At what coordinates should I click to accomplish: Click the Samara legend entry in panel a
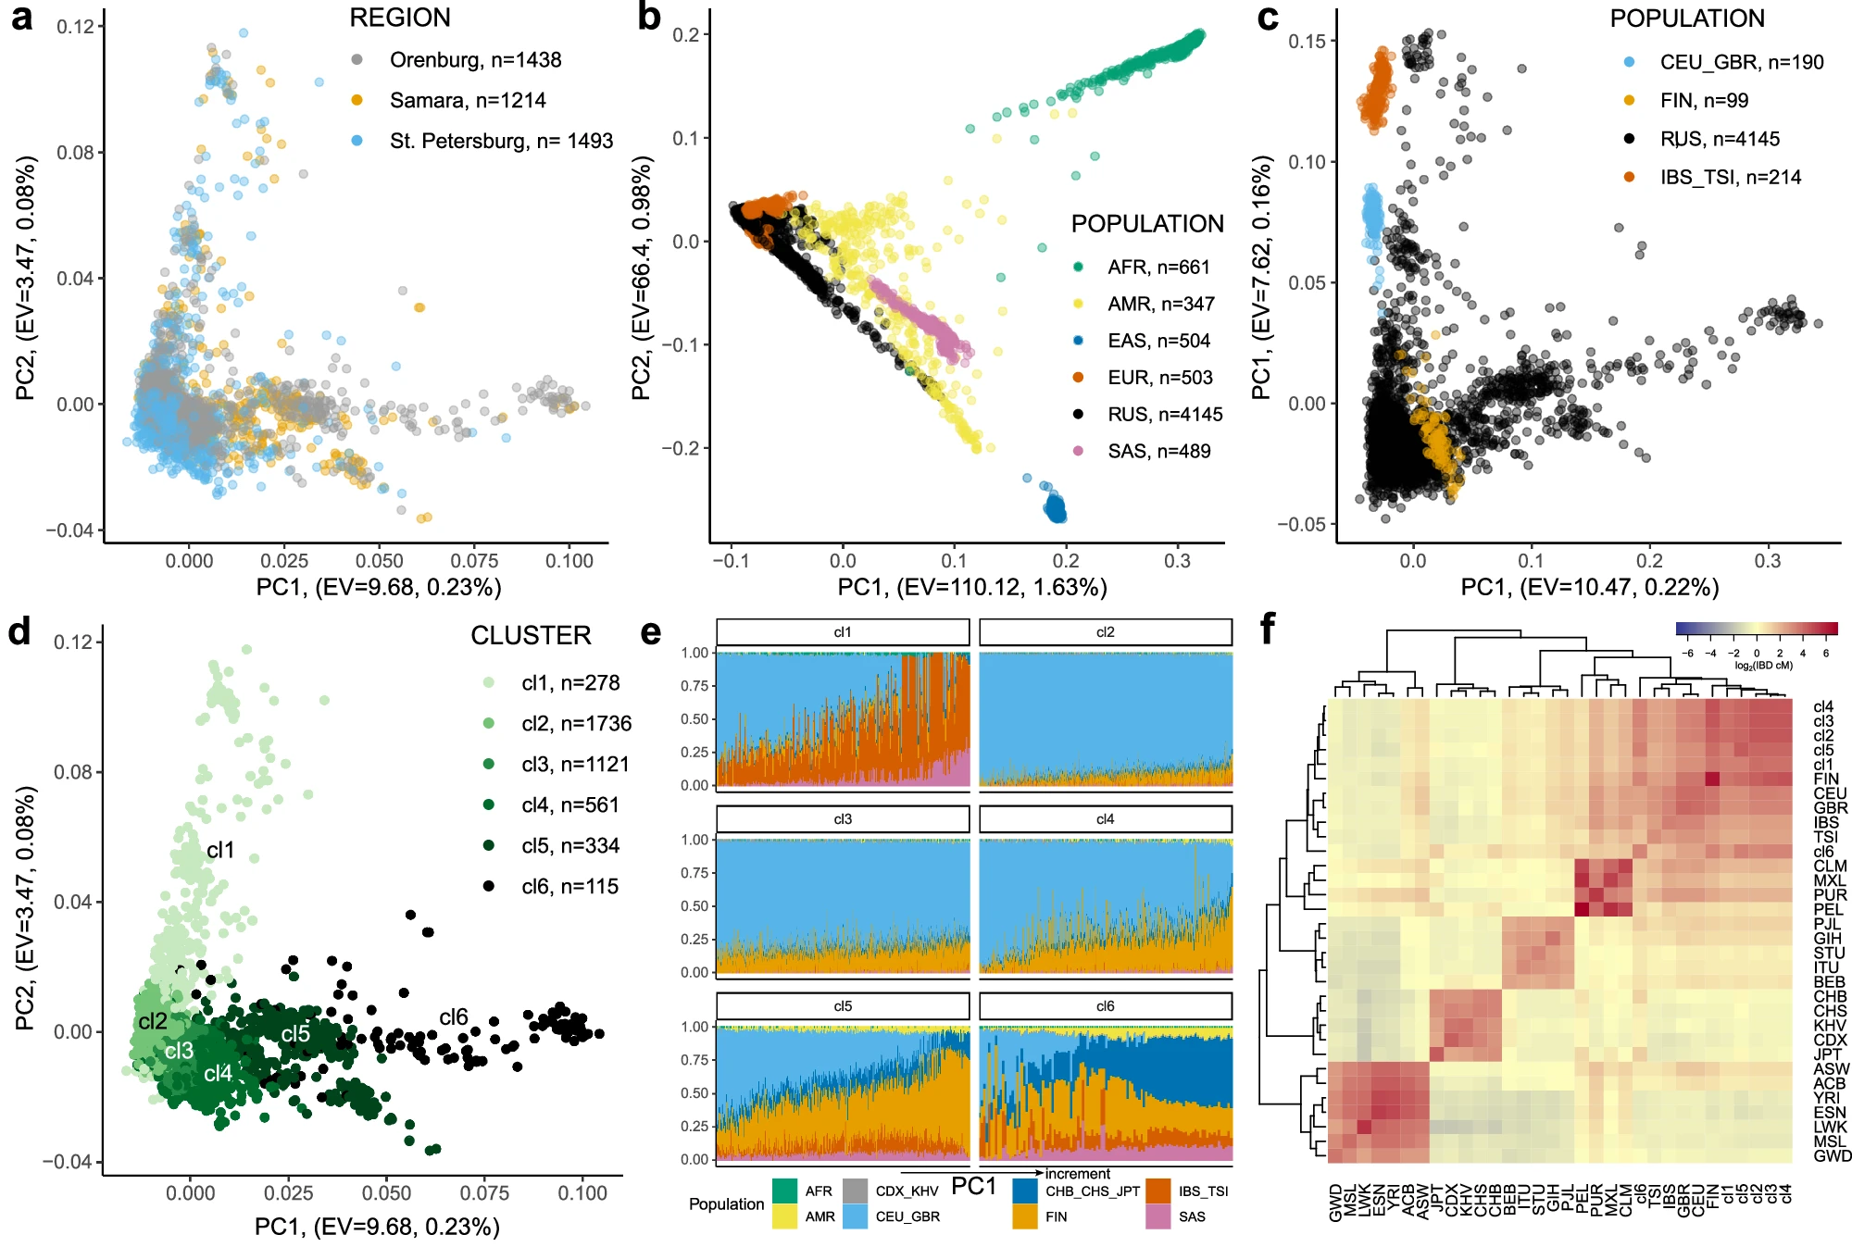pos(467,100)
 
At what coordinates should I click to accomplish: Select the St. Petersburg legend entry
pos(500,141)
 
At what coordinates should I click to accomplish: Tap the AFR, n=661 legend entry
pos(1157,268)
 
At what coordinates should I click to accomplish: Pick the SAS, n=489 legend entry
pos(1158,451)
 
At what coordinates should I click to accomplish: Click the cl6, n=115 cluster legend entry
pos(569,886)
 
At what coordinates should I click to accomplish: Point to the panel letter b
pos(650,17)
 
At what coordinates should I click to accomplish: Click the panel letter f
pos(1268,630)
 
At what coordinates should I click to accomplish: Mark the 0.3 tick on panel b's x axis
pos(1177,560)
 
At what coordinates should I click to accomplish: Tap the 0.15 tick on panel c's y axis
pos(1307,41)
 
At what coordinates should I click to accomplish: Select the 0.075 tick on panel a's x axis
pos(474,560)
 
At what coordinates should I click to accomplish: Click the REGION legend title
pos(400,18)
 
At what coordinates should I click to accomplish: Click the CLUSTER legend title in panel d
pos(531,635)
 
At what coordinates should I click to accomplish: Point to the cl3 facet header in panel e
pos(843,819)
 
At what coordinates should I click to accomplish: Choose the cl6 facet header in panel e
pos(1106,1006)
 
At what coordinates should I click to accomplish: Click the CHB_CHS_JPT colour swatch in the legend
pos(1026,1191)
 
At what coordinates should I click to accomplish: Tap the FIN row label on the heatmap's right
pos(1826,779)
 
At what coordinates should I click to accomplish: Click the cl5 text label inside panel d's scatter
pos(295,1034)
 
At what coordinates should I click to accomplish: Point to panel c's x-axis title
pos(1589,587)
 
